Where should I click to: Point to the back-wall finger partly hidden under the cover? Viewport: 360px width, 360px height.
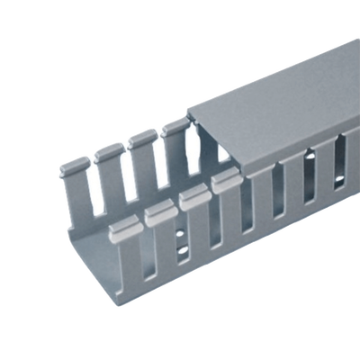point(173,129)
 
